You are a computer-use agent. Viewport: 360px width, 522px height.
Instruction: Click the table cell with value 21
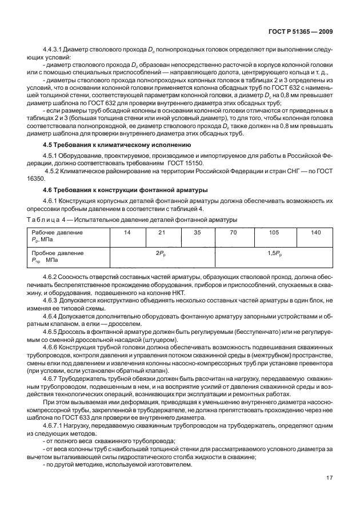(162, 233)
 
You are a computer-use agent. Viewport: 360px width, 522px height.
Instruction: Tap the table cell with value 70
(233, 233)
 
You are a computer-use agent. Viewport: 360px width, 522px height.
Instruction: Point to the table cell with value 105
(274, 233)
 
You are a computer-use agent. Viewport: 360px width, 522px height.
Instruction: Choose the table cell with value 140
(316, 233)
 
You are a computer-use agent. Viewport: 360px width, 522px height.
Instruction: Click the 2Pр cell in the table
(161, 252)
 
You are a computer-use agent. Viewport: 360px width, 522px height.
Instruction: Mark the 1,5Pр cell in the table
(275, 252)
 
